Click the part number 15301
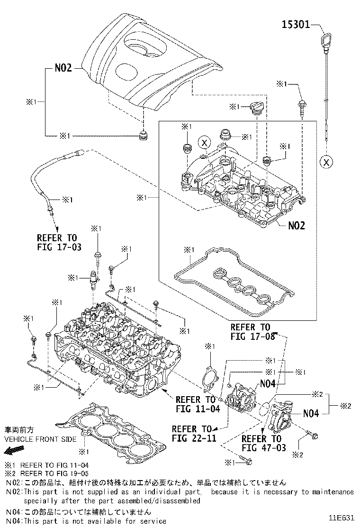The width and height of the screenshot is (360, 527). tap(296, 24)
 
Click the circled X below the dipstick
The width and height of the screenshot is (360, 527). tap(326, 162)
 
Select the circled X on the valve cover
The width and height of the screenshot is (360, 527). tap(204, 142)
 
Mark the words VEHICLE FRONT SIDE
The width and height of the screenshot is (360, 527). tap(40, 439)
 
